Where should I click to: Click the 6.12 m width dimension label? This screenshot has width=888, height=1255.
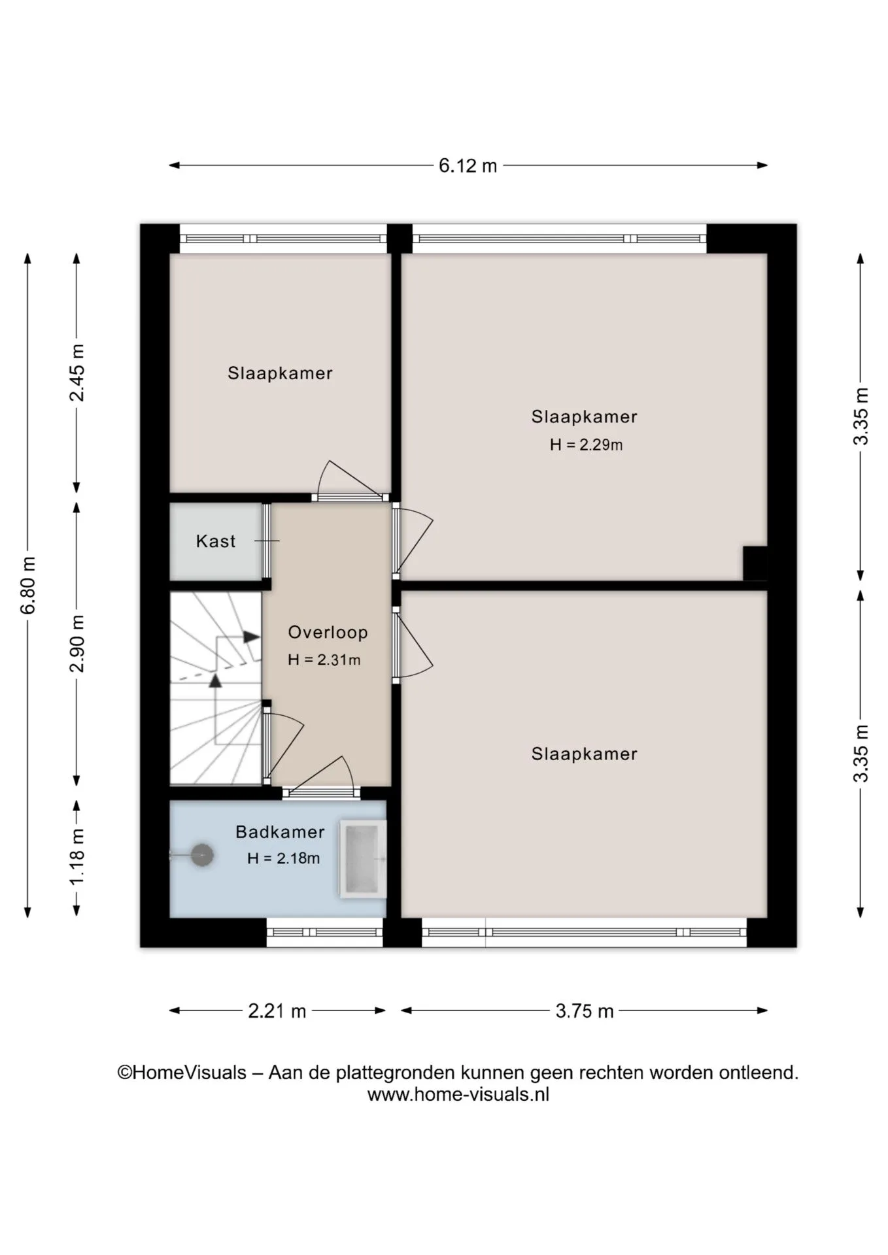point(468,166)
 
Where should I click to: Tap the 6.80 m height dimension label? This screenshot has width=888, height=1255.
point(28,586)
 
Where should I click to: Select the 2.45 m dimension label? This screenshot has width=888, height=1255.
point(77,373)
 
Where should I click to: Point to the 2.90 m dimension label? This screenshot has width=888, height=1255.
point(77,643)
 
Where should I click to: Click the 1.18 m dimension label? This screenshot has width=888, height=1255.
point(77,857)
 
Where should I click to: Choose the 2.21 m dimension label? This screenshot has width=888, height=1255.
point(277,1011)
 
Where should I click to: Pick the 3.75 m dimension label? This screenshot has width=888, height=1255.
point(585,1011)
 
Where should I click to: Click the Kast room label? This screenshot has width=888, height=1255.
point(216,541)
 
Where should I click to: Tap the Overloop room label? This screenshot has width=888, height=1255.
point(328,632)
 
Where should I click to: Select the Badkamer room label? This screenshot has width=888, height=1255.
point(280,832)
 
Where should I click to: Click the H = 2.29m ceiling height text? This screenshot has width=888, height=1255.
point(586,445)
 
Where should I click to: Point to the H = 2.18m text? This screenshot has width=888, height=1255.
point(283,858)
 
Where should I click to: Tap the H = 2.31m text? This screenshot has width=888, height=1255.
point(324,660)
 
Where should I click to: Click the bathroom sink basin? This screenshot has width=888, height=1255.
point(362,859)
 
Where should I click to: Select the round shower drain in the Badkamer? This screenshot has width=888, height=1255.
point(202,855)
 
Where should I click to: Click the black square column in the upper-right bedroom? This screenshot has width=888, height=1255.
point(755,563)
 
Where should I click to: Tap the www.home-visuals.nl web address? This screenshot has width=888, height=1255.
point(458,1094)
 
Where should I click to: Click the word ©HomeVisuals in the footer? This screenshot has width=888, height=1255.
point(182,1073)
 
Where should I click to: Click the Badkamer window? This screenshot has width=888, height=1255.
point(324,932)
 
